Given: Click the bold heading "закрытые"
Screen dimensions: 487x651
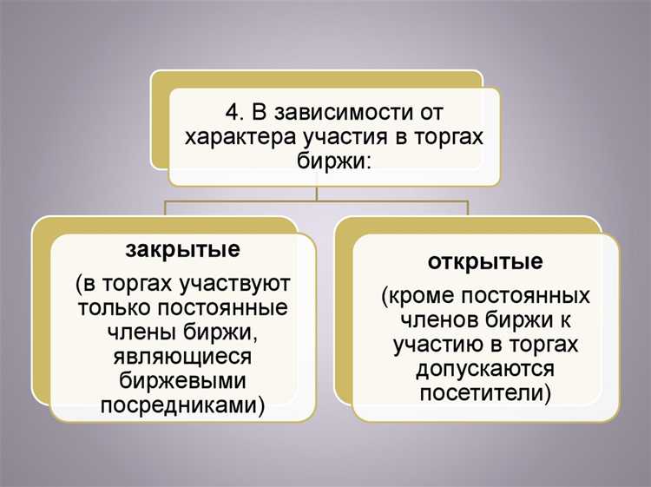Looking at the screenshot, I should (182, 250).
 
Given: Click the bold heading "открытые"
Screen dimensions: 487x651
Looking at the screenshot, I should (485, 261).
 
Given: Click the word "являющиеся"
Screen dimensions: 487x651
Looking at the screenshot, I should (182, 357).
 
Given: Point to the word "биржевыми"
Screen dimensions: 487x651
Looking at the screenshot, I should (182, 381).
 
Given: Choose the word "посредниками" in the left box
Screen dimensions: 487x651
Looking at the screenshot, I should (179, 405).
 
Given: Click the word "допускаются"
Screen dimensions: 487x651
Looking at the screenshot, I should (485, 369).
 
